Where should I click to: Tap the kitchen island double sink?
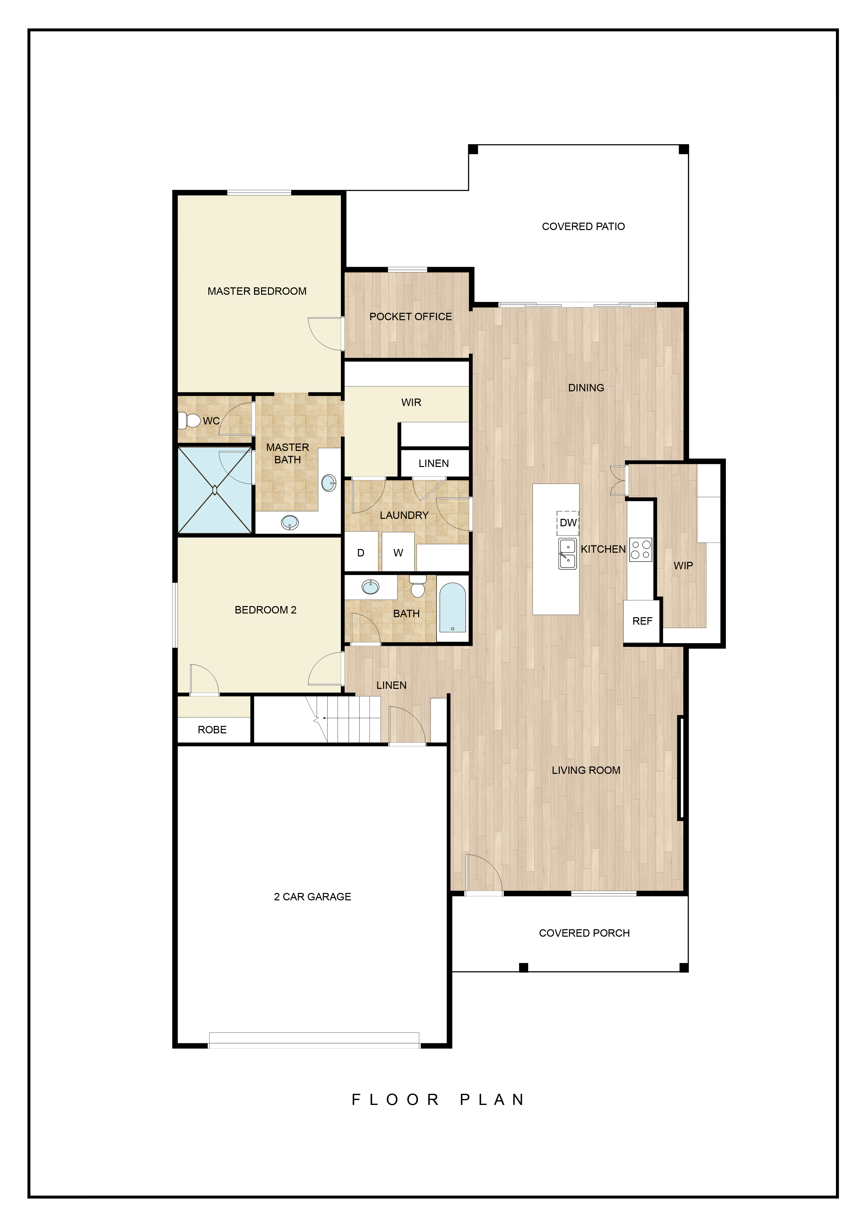[567, 554]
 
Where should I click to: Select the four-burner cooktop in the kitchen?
[641, 550]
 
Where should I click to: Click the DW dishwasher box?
[568, 523]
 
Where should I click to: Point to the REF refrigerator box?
[642, 621]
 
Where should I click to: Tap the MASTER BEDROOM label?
[257, 291]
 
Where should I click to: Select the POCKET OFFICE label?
[411, 317]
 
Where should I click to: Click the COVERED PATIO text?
[583, 226]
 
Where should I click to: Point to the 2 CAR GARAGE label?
[312, 897]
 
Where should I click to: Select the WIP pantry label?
[683, 566]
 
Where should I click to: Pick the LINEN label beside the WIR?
[434, 464]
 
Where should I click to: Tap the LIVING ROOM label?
[586, 770]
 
